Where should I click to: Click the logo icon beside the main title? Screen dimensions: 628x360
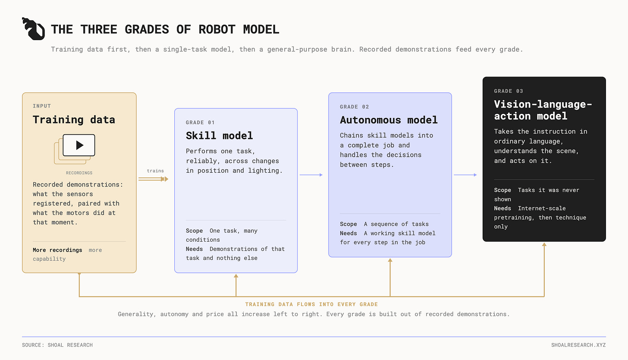(x=33, y=28)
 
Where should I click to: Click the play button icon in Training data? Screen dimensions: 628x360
(x=80, y=145)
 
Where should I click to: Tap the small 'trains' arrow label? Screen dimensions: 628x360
(x=155, y=171)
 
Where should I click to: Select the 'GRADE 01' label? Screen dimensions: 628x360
(x=200, y=122)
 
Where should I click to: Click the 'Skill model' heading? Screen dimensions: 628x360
(x=219, y=136)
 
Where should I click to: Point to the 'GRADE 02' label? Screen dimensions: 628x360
(x=355, y=107)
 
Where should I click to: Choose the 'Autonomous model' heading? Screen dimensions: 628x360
(x=389, y=120)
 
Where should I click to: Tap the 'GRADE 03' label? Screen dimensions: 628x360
(x=509, y=91)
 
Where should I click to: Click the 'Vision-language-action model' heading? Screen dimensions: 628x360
(x=543, y=110)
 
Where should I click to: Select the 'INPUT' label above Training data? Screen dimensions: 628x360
(x=42, y=106)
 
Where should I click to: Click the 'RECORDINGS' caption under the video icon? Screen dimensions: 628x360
(x=79, y=173)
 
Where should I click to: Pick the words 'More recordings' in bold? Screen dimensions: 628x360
(x=57, y=250)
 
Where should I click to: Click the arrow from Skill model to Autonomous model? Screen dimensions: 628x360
(x=311, y=175)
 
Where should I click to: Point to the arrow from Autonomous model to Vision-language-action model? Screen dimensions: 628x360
(x=465, y=175)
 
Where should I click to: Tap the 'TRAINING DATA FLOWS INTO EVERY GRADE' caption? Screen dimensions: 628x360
(x=311, y=304)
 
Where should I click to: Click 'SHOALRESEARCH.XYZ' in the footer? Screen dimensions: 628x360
(x=578, y=345)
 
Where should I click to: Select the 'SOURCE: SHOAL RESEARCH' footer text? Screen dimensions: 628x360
(x=57, y=345)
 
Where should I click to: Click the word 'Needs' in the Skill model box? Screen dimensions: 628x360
(x=194, y=249)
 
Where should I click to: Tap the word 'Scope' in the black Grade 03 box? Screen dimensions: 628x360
(x=502, y=190)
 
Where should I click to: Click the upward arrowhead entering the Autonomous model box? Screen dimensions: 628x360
(x=390, y=260)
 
